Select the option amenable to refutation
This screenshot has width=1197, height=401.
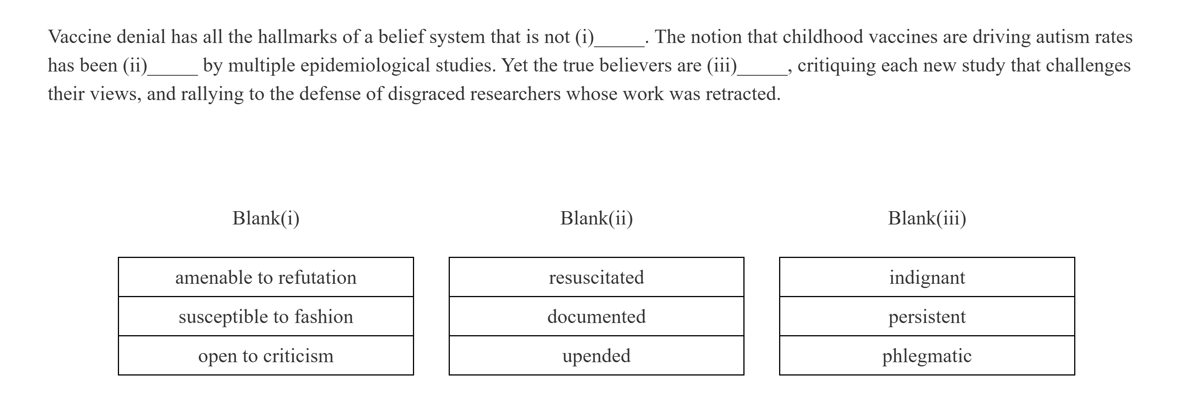266,277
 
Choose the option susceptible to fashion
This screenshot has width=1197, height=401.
266,316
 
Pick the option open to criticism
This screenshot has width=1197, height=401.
266,356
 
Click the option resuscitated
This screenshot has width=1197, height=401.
596,277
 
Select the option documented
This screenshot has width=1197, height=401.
596,316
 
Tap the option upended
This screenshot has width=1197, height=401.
596,356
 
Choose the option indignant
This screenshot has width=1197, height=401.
927,277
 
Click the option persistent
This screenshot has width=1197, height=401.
927,316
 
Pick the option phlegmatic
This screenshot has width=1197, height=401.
927,356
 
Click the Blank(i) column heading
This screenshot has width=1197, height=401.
266,218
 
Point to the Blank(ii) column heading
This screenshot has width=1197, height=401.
596,218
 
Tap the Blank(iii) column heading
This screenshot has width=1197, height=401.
927,218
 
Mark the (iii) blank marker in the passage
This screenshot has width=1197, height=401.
722,65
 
